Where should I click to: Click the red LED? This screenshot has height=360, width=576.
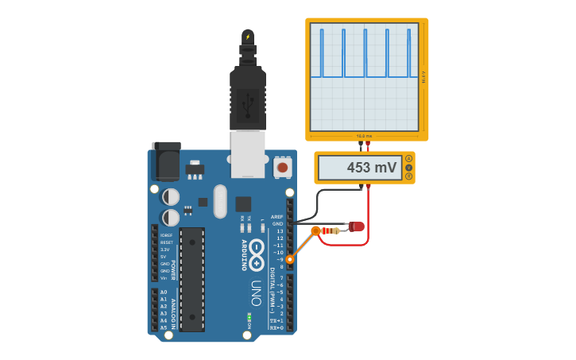tap(357, 226)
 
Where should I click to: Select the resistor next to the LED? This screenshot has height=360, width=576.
tap(334, 230)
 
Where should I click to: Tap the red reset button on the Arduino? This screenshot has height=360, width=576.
tap(282, 168)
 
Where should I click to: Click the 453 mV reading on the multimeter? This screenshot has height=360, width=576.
tap(371, 168)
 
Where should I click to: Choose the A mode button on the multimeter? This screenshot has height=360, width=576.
tap(408, 159)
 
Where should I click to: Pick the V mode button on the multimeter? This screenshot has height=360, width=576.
tap(408, 168)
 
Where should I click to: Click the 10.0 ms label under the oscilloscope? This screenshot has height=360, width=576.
tap(363, 136)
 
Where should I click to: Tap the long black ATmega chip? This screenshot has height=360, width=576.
tap(191, 279)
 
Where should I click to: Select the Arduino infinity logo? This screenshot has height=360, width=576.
tap(257, 253)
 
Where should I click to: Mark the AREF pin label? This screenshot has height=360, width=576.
tap(276, 216)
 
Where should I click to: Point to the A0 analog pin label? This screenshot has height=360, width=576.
tap(164, 292)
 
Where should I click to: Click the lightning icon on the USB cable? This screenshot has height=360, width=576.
tap(248, 37)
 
